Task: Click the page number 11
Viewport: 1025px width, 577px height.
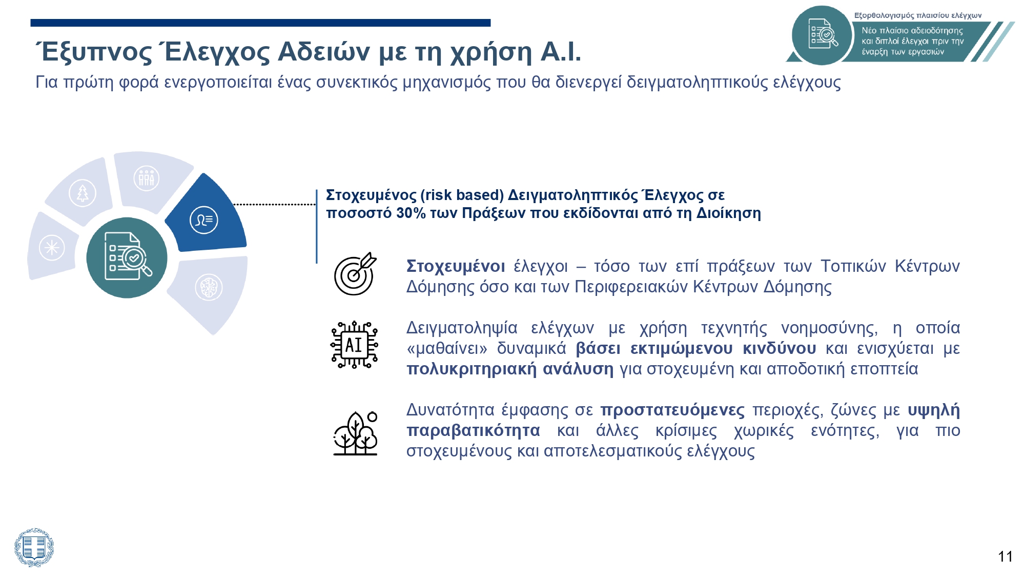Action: (1005, 556)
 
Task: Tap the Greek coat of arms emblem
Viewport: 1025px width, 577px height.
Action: (34, 547)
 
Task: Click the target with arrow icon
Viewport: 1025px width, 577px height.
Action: (355, 274)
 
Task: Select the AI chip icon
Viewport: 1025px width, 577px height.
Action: (354, 345)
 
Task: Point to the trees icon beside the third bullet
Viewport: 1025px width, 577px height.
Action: (355, 433)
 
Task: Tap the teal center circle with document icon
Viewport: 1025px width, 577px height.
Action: (127, 257)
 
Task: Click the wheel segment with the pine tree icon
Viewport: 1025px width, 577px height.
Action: (82, 193)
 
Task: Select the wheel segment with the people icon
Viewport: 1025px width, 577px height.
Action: (146, 180)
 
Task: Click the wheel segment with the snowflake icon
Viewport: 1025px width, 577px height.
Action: (52, 248)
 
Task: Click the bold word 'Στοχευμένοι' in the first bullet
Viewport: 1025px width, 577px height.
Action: (455, 266)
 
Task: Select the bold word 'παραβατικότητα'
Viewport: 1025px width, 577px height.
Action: (473, 430)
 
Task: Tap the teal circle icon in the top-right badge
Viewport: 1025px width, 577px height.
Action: (821, 35)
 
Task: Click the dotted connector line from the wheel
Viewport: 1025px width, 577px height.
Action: (274, 204)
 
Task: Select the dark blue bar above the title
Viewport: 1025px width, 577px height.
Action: (260, 23)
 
